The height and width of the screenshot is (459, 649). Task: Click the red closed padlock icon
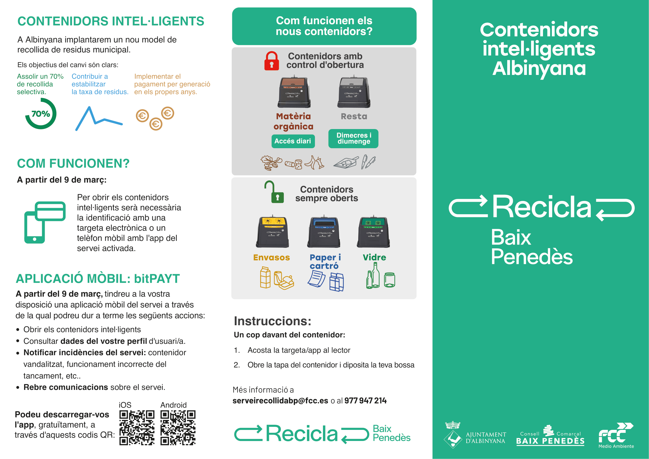pyautogui.click(x=271, y=61)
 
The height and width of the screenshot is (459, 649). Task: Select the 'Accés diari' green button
pyautogui.click(x=293, y=141)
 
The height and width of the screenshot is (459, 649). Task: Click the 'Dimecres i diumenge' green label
pyautogui.click(x=353, y=138)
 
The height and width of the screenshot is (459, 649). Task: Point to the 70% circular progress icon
pyautogui.click(x=41, y=114)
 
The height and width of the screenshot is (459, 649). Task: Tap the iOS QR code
pyautogui.click(x=137, y=428)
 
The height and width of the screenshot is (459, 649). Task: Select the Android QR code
pyautogui.click(x=178, y=428)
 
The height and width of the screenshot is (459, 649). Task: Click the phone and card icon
pyautogui.click(x=45, y=222)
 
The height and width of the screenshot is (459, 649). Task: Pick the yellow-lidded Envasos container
pyautogui.click(x=272, y=231)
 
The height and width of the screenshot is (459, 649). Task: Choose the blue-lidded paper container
pyautogui.click(x=324, y=231)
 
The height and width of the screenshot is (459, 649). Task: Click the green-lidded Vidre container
pyautogui.click(x=373, y=231)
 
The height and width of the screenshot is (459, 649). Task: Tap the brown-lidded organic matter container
pyautogui.click(x=294, y=92)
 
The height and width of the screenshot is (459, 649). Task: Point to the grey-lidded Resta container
pyautogui.click(x=353, y=92)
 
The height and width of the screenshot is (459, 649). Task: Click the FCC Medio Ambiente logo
pyautogui.click(x=616, y=435)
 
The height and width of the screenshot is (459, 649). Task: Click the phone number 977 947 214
pyautogui.click(x=365, y=400)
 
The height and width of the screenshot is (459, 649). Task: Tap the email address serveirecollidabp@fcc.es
pyautogui.click(x=280, y=400)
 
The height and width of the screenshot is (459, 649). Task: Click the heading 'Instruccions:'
pyautogui.click(x=272, y=321)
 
